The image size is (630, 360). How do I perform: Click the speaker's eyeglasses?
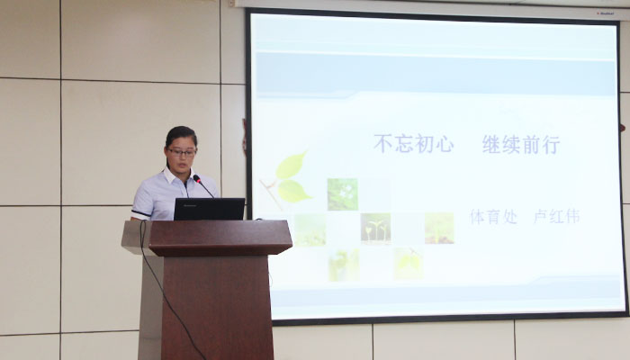coord(182,152)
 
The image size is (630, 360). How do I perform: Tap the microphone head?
coord(197,178)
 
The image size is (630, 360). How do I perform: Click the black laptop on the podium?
coord(210,209)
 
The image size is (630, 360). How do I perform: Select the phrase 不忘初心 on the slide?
coord(414,144)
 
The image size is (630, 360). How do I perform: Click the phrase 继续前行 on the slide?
coord(521,145)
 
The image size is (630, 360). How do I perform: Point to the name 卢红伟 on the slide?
coord(556,217)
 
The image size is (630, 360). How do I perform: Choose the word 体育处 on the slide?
coord(493,217)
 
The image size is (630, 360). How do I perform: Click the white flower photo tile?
coord(342,194)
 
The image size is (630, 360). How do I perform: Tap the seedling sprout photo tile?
coord(375,229)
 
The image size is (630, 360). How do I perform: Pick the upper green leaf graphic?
coord(292,166)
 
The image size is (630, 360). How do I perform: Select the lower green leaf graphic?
coord(293,191)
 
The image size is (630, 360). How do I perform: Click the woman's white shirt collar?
coord(176,176)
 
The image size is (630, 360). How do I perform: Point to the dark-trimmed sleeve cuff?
coord(140,213)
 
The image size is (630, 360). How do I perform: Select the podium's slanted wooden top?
coord(220,238)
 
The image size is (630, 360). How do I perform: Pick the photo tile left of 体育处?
coord(439,229)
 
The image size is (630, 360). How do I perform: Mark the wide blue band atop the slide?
coord(436,75)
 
